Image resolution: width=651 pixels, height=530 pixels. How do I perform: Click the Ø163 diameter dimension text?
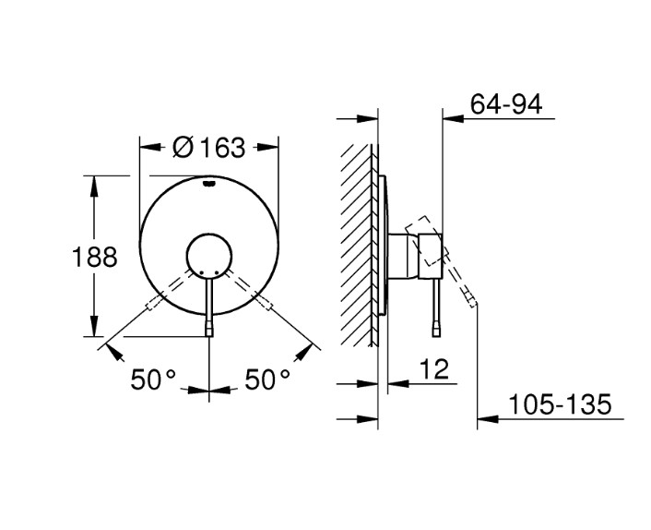pyautogui.click(x=209, y=148)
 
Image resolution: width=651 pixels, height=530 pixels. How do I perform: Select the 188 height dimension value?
pyautogui.click(x=95, y=257)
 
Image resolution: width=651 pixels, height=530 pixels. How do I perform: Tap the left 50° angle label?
pyautogui.click(x=153, y=379)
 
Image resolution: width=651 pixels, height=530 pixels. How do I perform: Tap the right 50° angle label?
pyautogui.click(x=267, y=379)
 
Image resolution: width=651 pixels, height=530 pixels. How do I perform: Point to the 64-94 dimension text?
pyautogui.click(x=506, y=104)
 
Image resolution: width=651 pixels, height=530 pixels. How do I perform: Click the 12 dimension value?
pyautogui.click(x=434, y=368)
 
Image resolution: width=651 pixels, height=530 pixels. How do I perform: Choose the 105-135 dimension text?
pyautogui.click(x=560, y=404)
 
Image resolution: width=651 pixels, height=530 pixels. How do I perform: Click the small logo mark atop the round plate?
pyautogui.click(x=209, y=183)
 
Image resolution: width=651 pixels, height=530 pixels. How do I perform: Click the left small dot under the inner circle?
pyautogui.click(x=201, y=272)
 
